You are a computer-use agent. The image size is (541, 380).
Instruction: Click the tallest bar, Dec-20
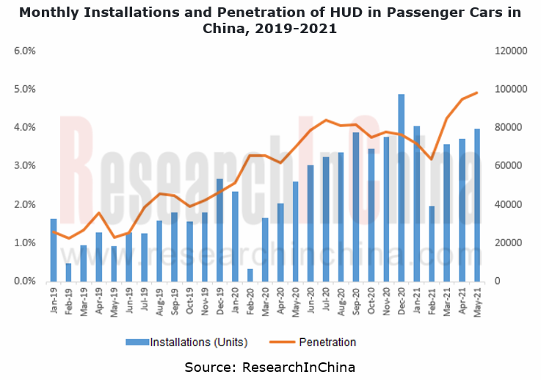(401, 187)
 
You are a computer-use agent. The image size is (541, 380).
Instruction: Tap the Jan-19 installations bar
(54, 250)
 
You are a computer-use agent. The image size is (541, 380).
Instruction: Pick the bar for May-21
(477, 205)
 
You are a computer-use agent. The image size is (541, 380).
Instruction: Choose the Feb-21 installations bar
(432, 243)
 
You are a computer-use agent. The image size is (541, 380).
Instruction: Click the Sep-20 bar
(355, 207)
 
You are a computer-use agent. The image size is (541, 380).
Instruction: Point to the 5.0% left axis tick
(25, 89)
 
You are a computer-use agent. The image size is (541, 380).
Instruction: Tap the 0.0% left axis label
(25, 282)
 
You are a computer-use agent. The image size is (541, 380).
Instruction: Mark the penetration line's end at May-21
(477, 93)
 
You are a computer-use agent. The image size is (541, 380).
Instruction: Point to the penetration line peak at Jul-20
(325, 120)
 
